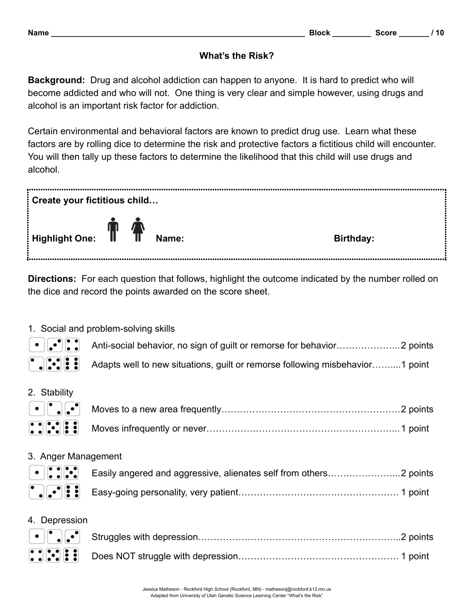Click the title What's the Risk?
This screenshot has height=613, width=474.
coord(236,56)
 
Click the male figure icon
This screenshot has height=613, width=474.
coord(113,230)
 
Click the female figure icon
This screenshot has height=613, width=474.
coord(138,230)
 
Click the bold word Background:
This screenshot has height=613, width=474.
coord(56,80)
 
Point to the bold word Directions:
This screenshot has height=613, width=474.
coord(52,279)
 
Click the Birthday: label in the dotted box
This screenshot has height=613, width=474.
coord(354,239)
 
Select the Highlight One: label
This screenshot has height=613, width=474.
coord(64,239)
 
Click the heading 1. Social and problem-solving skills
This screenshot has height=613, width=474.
coord(101,329)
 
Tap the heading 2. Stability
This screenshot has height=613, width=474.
coord(50,393)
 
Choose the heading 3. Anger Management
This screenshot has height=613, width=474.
coord(75,457)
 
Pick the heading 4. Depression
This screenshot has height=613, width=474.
coord(58,521)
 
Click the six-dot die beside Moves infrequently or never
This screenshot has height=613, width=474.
coord(72,428)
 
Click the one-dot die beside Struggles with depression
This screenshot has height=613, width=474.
coord(37,536)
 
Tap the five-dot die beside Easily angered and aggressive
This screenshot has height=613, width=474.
coord(72,473)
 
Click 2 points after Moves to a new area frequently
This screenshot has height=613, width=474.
coord(417,409)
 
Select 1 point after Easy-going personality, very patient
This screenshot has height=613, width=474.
coord(415,492)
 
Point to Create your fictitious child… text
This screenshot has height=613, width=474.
coord(95,200)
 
